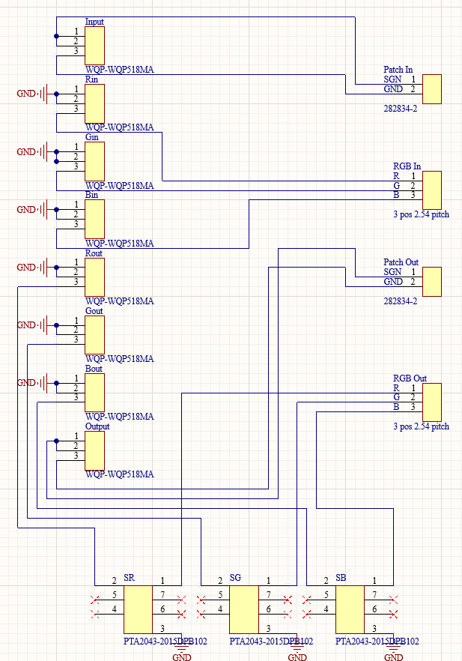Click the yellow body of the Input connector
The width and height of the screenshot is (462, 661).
tap(95, 46)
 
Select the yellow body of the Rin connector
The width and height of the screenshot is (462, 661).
tap(95, 103)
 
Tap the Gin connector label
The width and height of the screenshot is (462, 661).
tap(92, 137)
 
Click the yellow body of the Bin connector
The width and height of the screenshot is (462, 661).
tap(95, 219)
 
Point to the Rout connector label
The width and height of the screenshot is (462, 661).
tap(94, 253)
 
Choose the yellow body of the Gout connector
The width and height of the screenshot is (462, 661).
tap(95, 335)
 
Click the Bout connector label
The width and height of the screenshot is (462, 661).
tap(94, 369)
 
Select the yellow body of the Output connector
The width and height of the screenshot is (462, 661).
tap(95, 450)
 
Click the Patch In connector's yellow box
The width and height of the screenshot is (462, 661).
tap(432, 89)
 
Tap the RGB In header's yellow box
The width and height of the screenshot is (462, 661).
tap(432, 190)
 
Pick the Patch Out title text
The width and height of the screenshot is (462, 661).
tap(401, 262)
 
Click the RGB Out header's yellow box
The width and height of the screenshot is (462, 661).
tap(432, 402)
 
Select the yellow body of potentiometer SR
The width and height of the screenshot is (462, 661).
tap(138, 609)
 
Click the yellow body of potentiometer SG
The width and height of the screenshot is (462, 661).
tap(244, 609)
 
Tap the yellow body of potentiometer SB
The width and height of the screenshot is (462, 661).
tap(350, 609)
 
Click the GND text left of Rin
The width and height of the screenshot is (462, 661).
tap(26, 94)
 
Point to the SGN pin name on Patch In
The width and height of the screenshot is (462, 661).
tap(392, 79)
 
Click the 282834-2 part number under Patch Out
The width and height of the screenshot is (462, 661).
tap(401, 301)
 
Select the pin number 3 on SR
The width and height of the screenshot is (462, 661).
tap(162, 629)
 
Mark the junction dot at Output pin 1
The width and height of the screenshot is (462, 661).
tap(56, 441)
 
